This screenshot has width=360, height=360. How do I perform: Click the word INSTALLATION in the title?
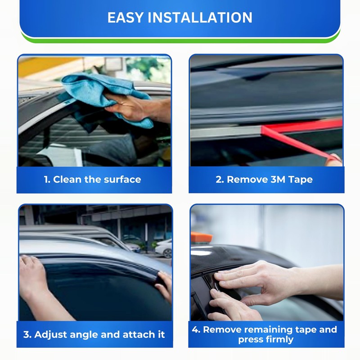(x=198, y=18)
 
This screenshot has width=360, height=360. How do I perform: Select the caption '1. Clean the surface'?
(x=92, y=180)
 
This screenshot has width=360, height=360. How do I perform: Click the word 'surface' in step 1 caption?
(x=123, y=180)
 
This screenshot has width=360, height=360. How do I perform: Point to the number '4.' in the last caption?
(x=196, y=329)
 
